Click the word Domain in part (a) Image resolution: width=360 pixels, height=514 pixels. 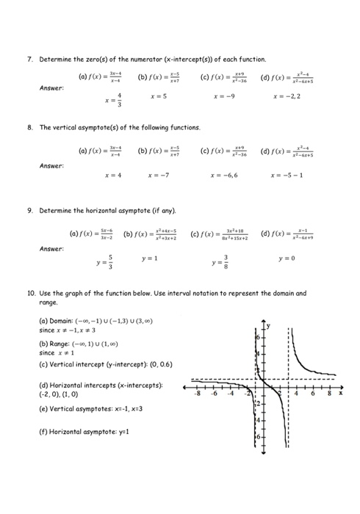coord(61,321)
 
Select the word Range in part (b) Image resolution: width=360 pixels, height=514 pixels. coord(60,343)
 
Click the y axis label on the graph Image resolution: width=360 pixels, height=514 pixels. coord(268,325)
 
